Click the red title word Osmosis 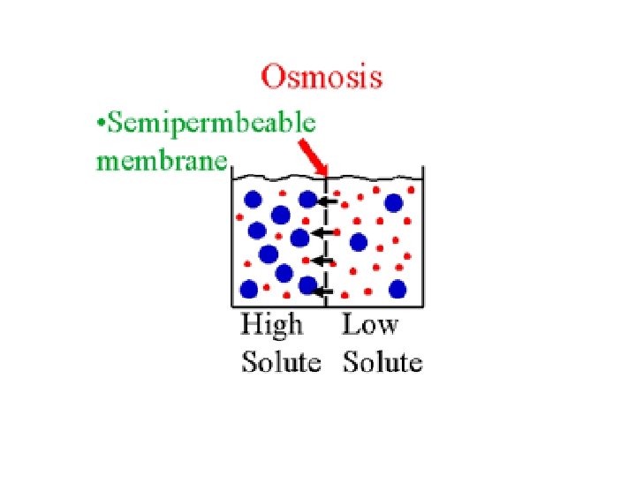(x=322, y=77)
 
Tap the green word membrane (x=162, y=162)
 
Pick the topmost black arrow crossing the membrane (x=328, y=202)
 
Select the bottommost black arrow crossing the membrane (x=324, y=291)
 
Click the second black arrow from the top (x=323, y=232)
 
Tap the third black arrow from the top (x=323, y=261)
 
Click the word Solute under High (x=281, y=362)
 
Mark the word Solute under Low (x=383, y=362)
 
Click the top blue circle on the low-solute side (x=394, y=203)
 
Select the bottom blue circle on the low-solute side (x=397, y=288)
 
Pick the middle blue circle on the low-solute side (x=359, y=242)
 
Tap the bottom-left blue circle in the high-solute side (x=249, y=289)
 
